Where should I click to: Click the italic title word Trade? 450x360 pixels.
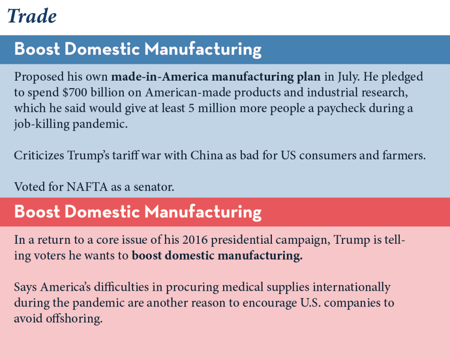pyautogui.click(x=32, y=16)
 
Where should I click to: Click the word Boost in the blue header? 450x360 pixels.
pyautogui.click(x=37, y=49)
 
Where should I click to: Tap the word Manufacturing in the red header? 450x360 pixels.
pyautogui.click(x=202, y=212)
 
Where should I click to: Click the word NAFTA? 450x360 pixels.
pyautogui.click(x=87, y=187)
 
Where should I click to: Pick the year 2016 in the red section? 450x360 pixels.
pyautogui.click(x=195, y=240)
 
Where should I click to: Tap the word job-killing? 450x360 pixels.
pyautogui.click(x=42, y=124)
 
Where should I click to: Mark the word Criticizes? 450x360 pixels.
pyautogui.click(x=39, y=155)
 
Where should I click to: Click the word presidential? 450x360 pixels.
pyautogui.click(x=242, y=240)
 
